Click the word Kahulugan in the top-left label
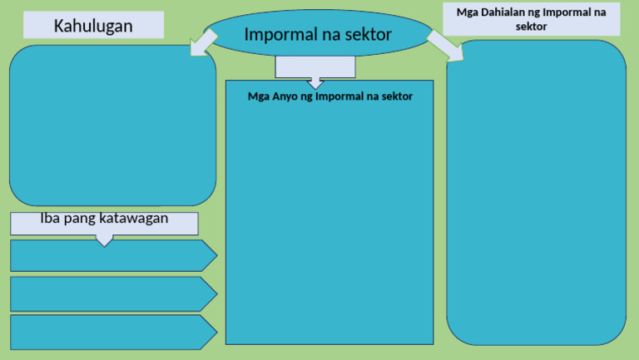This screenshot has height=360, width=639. tap(93, 26)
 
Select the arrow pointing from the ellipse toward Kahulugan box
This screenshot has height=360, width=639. tap(203, 42)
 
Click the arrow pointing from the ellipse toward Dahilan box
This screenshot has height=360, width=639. tap(446, 47)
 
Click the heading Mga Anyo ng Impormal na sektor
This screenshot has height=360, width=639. tap(330, 96)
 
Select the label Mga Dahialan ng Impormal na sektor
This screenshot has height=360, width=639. tap(531, 19)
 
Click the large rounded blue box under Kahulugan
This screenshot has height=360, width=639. tap(112, 125)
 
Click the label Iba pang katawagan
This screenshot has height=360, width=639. tap(104, 219)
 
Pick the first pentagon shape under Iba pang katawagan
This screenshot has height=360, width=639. tap(108, 255)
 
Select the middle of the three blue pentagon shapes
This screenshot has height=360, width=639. tap(108, 294)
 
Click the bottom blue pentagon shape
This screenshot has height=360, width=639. tap(108, 332)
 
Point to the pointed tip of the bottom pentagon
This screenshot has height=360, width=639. tap(215, 332)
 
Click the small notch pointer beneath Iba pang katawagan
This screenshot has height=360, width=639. tap(104, 241)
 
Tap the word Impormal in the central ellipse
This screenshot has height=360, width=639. tap(278, 35)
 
